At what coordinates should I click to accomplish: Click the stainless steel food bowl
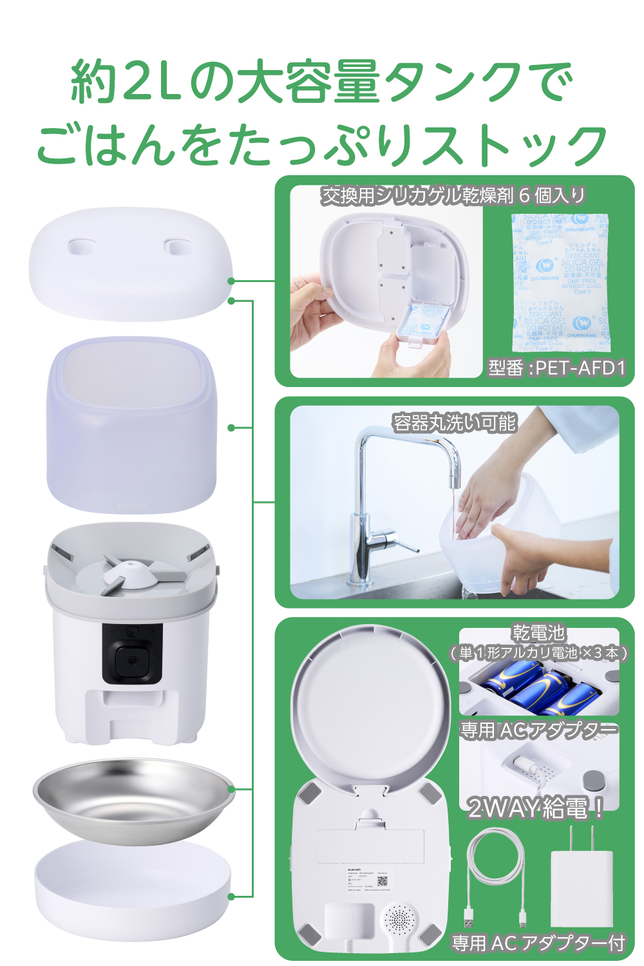[134, 799]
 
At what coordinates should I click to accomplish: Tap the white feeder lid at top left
[130, 264]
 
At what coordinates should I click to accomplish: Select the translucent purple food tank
[132, 425]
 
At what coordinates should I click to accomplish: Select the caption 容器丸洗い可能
[455, 423]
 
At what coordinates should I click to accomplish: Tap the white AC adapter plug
[580, 885]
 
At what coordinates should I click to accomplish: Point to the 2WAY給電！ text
[535, 808]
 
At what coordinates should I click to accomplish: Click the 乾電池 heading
[538, 633]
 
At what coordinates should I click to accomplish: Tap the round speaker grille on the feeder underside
[400, 918]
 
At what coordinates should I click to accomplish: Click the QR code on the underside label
[383, 881]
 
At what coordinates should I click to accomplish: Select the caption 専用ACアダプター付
[538, 943]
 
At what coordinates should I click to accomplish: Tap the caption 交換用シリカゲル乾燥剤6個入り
[453, 195]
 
